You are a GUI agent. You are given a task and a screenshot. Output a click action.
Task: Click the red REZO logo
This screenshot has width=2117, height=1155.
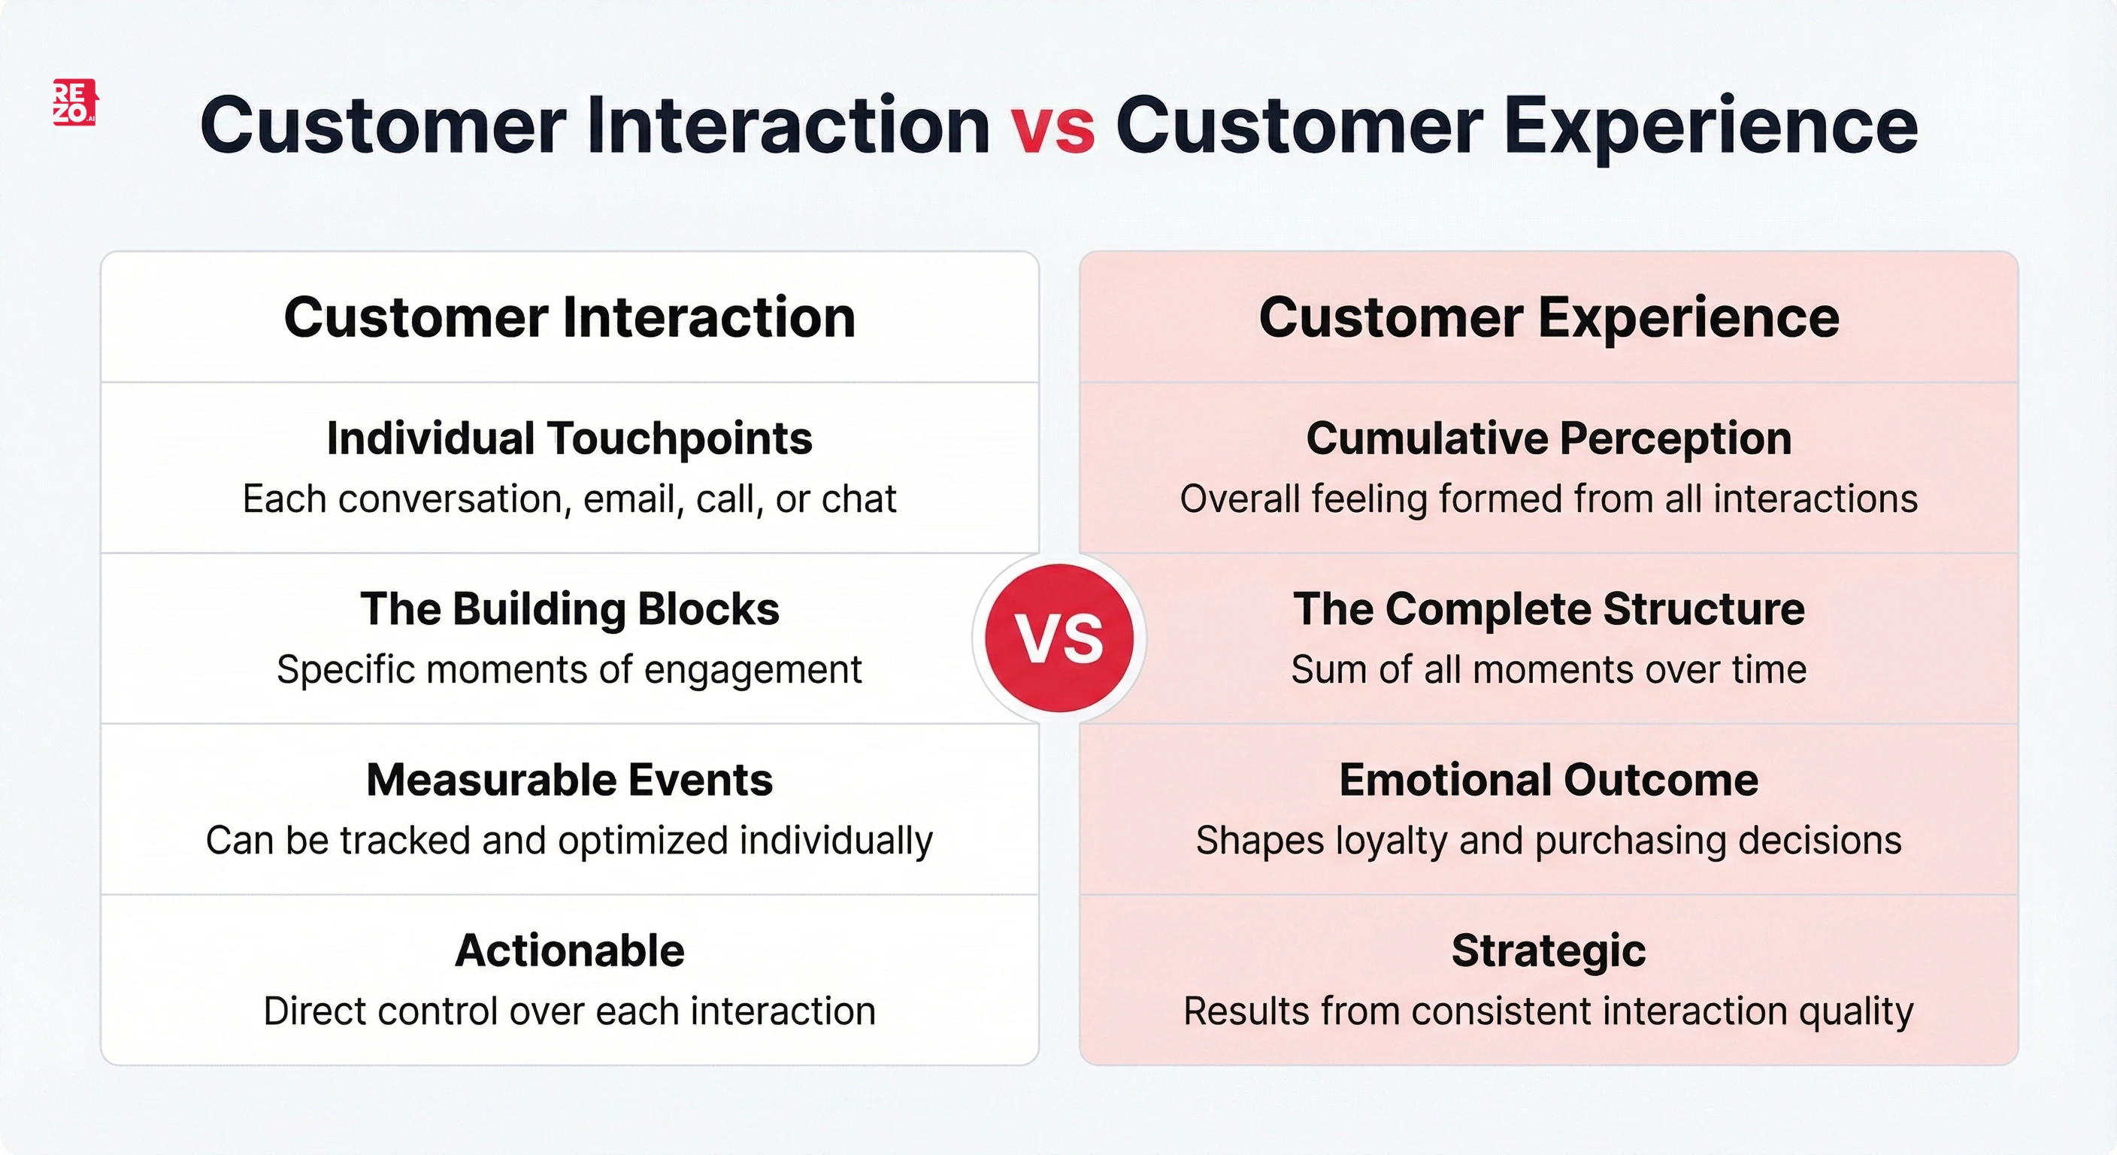pos(74,102)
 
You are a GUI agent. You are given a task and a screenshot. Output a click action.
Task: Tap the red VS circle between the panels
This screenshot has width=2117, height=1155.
pos(1058,638)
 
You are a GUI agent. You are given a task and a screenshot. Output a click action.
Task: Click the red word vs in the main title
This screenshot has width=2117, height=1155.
pos(1052,126)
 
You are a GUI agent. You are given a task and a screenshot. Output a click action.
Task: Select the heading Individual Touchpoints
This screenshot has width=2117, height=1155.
pos(570,438)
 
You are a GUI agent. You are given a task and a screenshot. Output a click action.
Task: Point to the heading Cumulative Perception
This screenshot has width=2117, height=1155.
pos(1549,438)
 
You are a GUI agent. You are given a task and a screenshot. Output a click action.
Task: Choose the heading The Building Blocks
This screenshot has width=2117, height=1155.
pos(570,609)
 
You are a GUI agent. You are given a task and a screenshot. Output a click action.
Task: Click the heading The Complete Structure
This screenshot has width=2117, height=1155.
pos(1549,609)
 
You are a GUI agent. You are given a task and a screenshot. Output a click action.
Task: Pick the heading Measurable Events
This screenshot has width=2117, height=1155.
pos(570,780)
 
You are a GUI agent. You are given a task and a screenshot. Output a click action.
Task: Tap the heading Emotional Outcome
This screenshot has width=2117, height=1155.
pos(1549,780)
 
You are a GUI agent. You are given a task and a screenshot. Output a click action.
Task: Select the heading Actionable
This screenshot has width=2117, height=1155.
pos(570,951)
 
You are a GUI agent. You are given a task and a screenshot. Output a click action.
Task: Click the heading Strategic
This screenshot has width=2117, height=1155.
pos(1549,951)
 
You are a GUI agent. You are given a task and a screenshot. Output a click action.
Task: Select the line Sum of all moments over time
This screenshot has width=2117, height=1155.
pos(1549,670)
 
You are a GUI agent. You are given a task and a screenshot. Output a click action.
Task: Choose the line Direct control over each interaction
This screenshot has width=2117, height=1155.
pos(570,1011)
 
